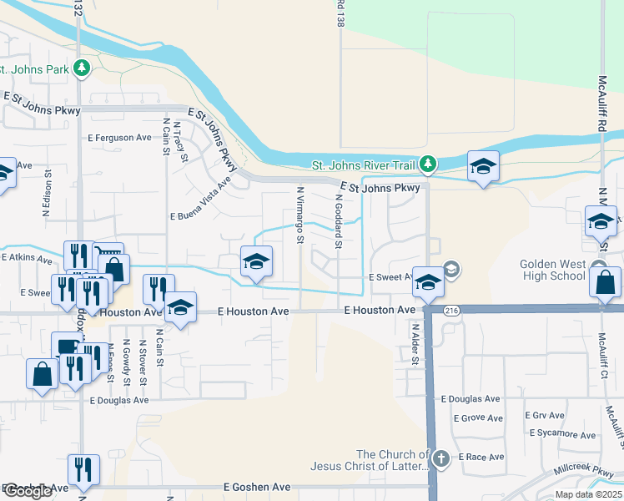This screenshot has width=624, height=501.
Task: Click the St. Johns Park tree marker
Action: coord(82,68)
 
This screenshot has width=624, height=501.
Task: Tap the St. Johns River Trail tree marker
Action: coord(428,164)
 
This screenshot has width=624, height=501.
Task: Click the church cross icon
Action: coord(441,458)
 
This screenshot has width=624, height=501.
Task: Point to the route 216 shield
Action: coord(428,311)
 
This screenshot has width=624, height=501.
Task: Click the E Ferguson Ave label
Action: coord(119,137)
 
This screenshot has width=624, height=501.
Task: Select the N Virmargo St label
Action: coord(300,215)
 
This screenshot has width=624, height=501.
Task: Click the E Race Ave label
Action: coord(479,458)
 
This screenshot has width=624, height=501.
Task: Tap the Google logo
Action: coord(28,491)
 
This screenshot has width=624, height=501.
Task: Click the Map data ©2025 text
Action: coord(587,494)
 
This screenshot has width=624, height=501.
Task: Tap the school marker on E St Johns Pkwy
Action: coord(482,167)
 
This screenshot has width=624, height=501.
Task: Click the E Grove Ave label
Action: coord(478,418)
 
